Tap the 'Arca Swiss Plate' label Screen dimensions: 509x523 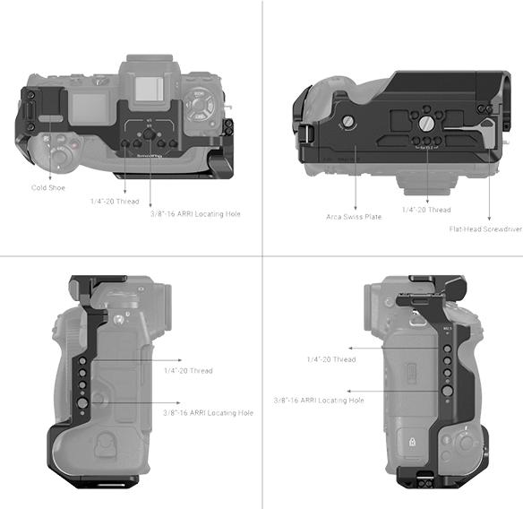[x=355, y=217]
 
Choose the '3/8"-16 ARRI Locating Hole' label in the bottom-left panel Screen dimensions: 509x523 [x=208, y=412]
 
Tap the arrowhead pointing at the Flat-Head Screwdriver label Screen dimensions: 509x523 [x=489, y=218]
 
